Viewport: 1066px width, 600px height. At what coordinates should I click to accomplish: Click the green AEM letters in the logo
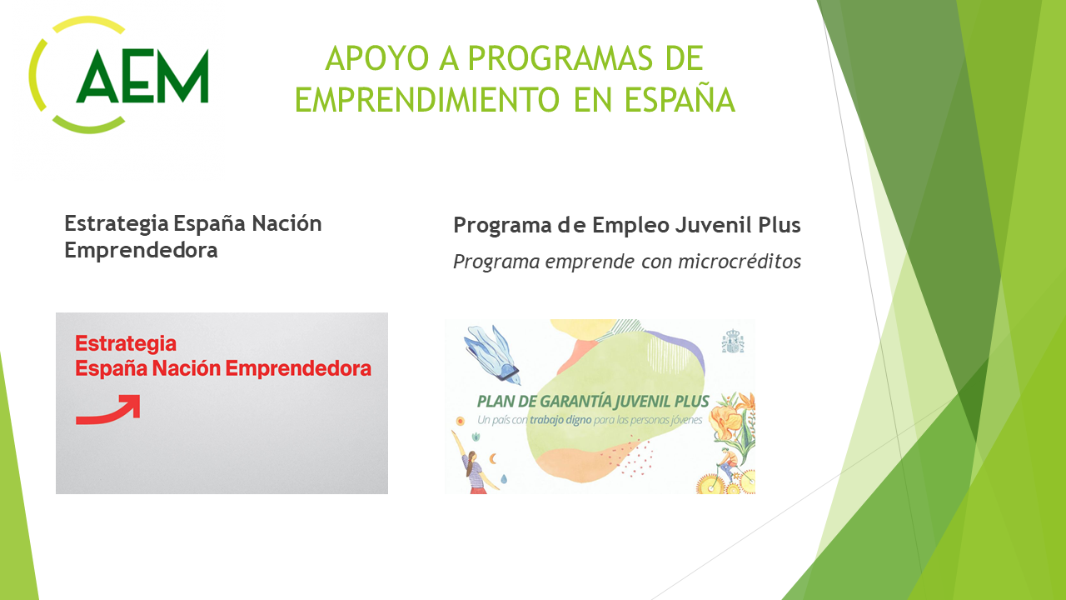142,76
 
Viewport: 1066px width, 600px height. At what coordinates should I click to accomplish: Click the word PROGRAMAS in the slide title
560,58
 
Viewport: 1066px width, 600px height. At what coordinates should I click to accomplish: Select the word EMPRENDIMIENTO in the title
427,100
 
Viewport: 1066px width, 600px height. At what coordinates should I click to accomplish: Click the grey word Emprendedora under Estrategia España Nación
141,250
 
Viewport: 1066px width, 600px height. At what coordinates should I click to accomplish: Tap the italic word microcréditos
740,262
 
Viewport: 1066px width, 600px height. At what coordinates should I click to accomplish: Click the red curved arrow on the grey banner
108,410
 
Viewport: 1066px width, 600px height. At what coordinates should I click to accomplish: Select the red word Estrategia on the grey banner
126,344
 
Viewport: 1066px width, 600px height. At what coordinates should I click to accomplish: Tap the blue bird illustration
491,352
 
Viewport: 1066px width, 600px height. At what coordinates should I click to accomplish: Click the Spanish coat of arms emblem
733,341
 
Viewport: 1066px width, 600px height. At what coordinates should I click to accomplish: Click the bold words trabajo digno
560,420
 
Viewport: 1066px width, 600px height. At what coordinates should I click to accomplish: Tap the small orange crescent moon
493,458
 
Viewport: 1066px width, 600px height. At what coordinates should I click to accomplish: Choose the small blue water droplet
504,478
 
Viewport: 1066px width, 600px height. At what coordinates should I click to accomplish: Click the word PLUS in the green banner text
692,402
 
